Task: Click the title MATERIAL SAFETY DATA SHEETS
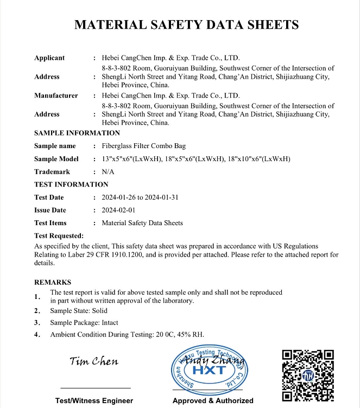tap(186, 24)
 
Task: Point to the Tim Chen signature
tap(94, 361)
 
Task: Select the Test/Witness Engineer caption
tap(94, 400)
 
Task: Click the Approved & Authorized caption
tap(213, 400)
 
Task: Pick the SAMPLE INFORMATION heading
tap(77, 133)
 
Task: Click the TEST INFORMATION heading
tap(71, 184)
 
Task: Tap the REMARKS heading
tap(53, 282)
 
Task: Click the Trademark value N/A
tap(108, 171)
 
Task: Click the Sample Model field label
tap(56, 159)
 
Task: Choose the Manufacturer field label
tap(56, 95)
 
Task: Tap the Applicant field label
tap(49, 58)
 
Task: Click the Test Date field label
tap(49, 197)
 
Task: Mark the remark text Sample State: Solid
tap(79, 311)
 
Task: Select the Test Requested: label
tap(59, 235)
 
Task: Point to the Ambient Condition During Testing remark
tap(127, 334)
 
